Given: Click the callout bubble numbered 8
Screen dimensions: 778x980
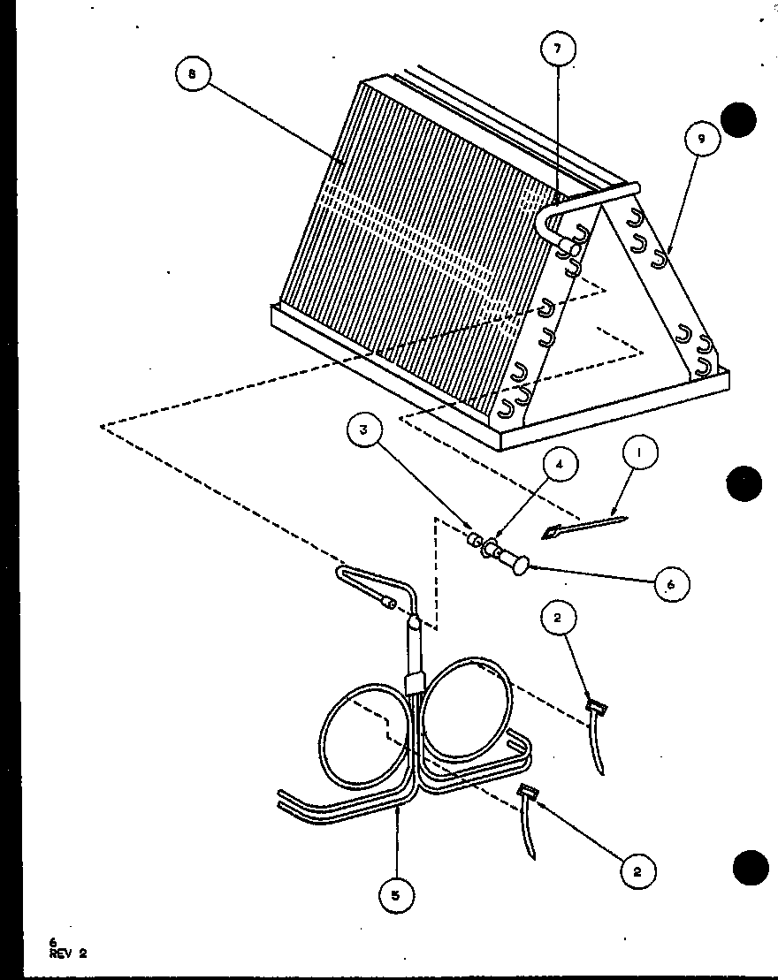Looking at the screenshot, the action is pyautogui.click(x=192, y=73).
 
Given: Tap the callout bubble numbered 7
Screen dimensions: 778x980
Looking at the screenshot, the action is pyautogui.click(x=558, y=48).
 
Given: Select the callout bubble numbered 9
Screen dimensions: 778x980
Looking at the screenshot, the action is pyautogui.click(x=702, y=139).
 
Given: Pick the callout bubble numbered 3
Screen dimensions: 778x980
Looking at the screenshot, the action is pyautogui.click(x=363, y=431).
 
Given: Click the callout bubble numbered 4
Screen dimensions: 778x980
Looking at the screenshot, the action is pyautogui.click(x=560, y=465).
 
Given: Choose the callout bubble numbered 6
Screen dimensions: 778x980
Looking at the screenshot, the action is pyautogui.click(x=671, y=584).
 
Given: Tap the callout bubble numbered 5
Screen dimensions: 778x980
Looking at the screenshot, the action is pyautogui.click(x=396, y=895).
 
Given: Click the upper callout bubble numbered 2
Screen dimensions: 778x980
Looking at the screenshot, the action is pyautogui.click(x=558, y=618).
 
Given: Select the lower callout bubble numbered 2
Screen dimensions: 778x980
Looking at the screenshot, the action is pyautogui.click(x=637, y=871).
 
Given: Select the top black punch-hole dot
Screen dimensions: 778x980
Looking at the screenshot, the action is pyautogui.click(x=738, y=119).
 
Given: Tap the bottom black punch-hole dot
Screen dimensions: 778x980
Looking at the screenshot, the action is pyautogui.click(x=750, y=868).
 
